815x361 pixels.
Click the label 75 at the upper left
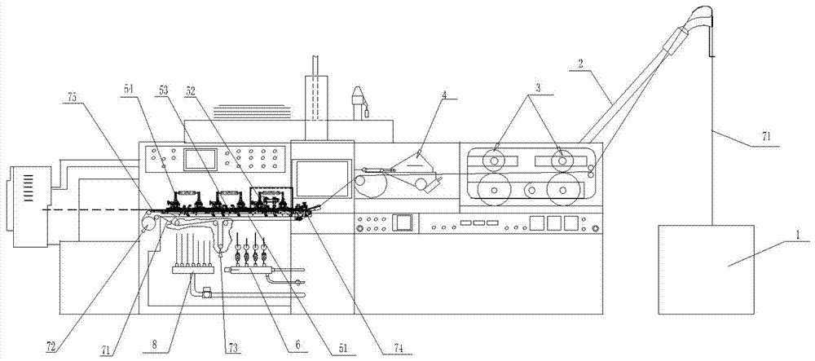75,98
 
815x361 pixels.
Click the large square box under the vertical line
707,269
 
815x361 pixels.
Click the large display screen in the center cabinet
322,179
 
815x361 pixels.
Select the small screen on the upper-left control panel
200,159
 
